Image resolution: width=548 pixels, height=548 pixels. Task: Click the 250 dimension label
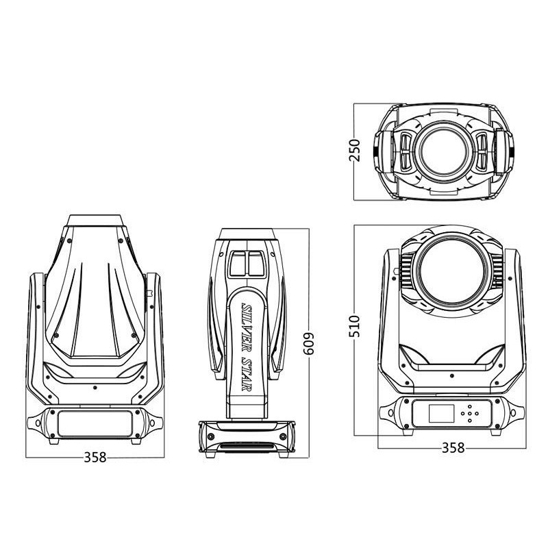click(x=354, y=150)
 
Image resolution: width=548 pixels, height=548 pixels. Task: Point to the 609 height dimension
click(x=309, y=343)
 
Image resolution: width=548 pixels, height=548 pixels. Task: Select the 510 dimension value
click(x=354, y=326)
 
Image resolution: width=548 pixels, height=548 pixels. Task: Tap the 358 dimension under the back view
click(x=95, y=457)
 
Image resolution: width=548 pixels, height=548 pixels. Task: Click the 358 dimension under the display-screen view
click(x=453, y=448)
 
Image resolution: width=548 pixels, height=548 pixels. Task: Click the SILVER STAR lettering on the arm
click(x=247, y=347)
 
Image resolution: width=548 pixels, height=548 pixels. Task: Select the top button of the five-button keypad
click(x=469, y=406)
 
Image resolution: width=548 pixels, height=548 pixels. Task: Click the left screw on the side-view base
click(x=211, y=436)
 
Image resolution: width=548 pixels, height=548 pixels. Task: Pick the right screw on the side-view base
click(x=283, y=436)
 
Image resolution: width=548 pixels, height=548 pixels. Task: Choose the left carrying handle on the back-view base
click(x=35, y=423)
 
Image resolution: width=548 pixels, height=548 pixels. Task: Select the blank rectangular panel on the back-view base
click(x=95, y=423)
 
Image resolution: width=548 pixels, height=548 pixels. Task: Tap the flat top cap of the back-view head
click(x=95, y=221)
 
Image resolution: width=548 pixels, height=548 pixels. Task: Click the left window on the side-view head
click(x=238, y=264)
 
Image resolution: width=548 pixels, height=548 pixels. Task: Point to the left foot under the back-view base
click(x=54, y=441)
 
